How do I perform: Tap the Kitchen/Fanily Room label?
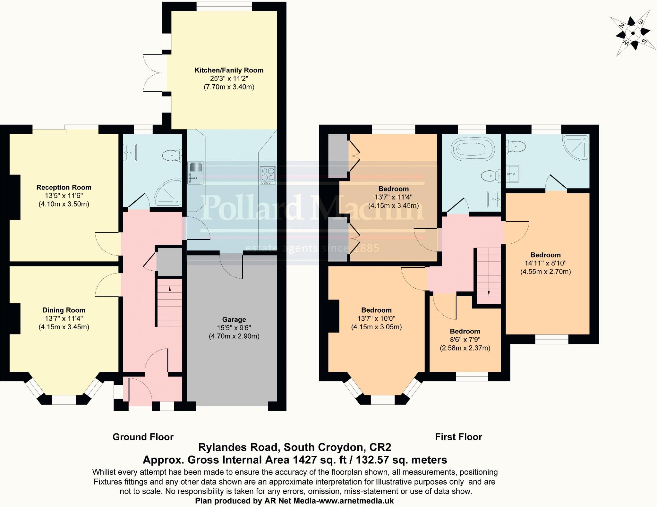(229, 70)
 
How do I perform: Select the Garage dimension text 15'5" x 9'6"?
(234, 328)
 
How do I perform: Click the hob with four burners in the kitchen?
(268, 176)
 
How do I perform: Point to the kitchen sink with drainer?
(195, 173)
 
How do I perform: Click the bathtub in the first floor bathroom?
(470, 150)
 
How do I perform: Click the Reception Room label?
(64, 187)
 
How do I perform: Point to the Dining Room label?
(64, 310)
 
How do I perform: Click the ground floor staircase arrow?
(170, 289)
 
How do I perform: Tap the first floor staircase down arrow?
(488, 292)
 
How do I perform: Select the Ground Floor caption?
(143, 437)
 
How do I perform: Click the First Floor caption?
(458, 437)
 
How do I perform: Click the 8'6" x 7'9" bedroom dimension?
(465, 340)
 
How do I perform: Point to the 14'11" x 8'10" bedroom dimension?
(545, 263)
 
